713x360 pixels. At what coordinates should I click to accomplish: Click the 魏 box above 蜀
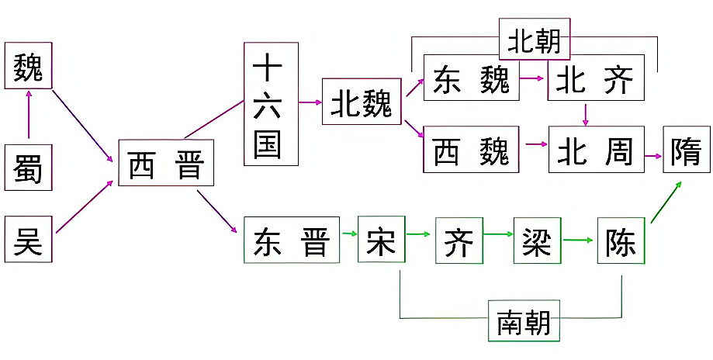pyautogui.click(x=29, y=66)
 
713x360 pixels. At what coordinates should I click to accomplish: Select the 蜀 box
pyautogui.click(x=29, y=167)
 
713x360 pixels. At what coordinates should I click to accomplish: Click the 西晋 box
pyautogui.click(x=166, y=163)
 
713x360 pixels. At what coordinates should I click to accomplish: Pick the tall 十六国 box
pyautogui.click(x=271, y=104)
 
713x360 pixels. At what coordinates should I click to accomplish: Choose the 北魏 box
pyautogui.click(x=361, y=101)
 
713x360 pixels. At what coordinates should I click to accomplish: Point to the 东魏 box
pyautogui.click(x=471, y=78)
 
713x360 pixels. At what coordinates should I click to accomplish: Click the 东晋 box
pyautogui.click(x=291, y=240)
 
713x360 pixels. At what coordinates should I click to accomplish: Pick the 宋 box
pyautogui.click(x=382, y=240)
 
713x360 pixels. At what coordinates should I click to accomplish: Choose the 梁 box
pyautogui.click(x=537, y=240)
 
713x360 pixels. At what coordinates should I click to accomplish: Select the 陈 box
pyautogui.click(x=621, y=240)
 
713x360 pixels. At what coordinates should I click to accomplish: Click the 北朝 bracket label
pyautogui.click(x=535, y=40)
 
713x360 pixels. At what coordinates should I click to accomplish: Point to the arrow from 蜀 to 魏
pyautogui.click(x=29, y=116)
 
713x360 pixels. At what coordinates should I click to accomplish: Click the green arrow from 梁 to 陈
pyautogui.click(x=579, y=240)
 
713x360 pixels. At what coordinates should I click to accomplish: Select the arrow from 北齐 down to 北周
pyautogui.click(x=586, y=113)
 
